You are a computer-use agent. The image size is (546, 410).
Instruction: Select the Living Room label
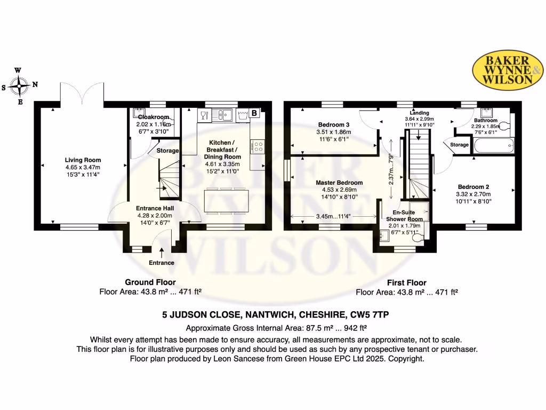tap(83, 160)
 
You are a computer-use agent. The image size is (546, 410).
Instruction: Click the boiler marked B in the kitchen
tap(254, 113)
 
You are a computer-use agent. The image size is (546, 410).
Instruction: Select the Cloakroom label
tap(153, 117)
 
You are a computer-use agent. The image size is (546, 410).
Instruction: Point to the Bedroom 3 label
tap(331, 125)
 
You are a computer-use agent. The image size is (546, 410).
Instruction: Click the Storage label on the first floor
tap(459, 145)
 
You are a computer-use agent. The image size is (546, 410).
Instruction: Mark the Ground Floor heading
tap(150, 282)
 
